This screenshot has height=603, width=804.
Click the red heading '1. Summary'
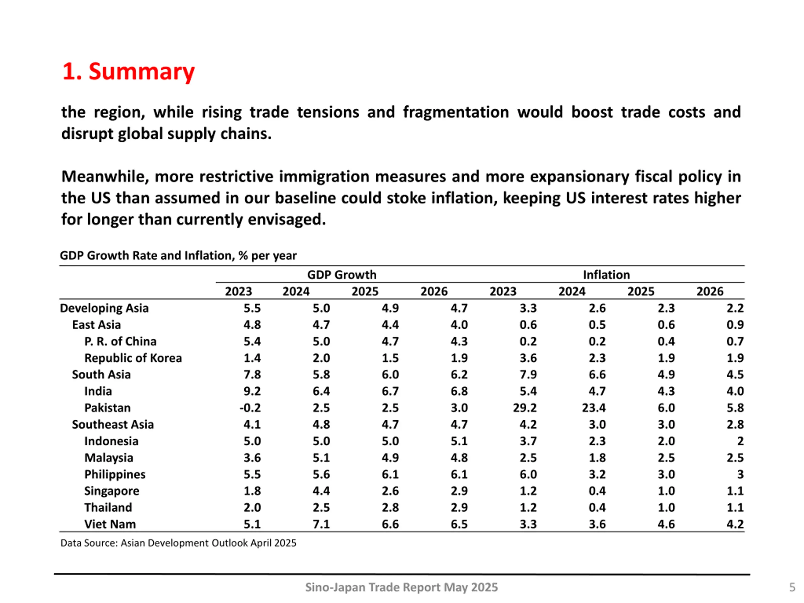tap(129, 71)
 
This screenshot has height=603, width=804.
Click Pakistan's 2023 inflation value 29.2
tap(524, 408)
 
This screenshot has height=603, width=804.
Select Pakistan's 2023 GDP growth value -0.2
tap(250, 408)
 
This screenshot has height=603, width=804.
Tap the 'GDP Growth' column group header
tap(342, 275)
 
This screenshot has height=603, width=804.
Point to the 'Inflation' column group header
tap(606, 275)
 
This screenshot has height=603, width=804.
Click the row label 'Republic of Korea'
tap(133, 358)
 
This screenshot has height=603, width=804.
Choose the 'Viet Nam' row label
tap(110, 524)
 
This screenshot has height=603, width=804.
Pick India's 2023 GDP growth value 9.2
tap(252, 391)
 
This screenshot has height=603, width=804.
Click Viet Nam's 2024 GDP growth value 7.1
tap(321, 524)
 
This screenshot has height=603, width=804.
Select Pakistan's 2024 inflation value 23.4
tap(594, 408)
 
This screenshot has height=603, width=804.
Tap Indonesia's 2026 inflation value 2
tap(740, 441)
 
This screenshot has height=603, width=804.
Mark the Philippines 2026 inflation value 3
tap(740, 474)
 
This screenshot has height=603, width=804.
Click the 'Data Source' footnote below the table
tap(178, 543)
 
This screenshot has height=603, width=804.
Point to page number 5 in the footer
tap(792, 587)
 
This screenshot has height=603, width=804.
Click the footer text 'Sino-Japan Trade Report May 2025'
tap(401, 587)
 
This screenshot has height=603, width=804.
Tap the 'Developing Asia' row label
tap(104, 308)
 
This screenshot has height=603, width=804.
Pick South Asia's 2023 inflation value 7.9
tap(528, 375)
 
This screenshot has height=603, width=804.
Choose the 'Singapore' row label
tap(111, 491)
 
